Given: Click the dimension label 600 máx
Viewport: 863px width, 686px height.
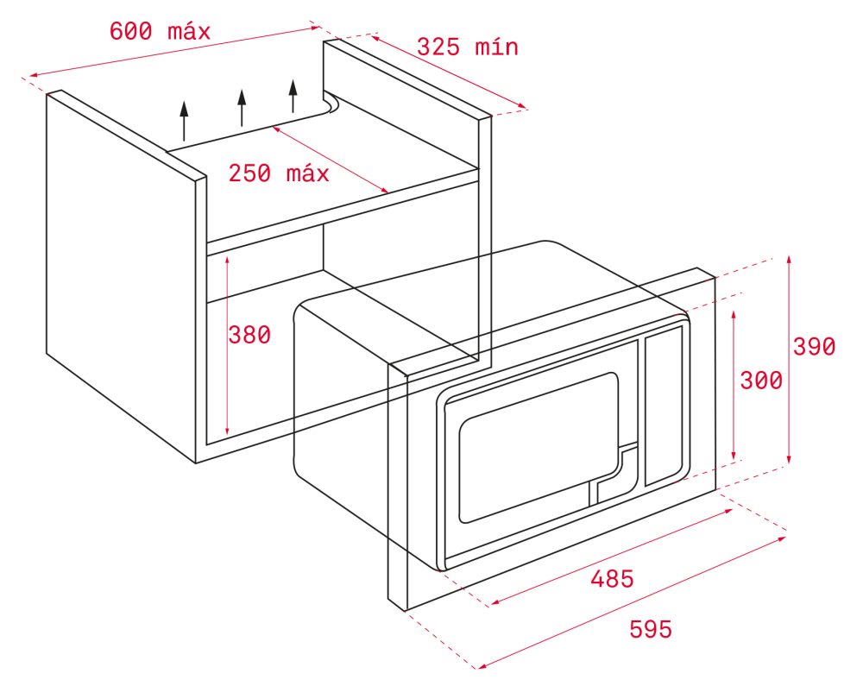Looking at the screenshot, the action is (160, 31).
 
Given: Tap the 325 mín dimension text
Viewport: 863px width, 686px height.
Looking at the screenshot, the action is (467, 47).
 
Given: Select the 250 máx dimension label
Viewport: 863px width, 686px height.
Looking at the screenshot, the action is (279, 173).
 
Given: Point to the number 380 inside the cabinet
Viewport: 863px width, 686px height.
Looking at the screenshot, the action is (249, 335).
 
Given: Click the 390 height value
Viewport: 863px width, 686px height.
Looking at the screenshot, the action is (814, 347).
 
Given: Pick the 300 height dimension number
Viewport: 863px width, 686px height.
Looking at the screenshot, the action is (761, 381).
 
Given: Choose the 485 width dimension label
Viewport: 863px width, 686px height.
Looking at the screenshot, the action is (612, 578).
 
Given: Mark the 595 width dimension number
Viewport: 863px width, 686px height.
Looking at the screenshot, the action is (651, 629).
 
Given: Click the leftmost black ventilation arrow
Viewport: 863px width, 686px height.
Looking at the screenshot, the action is (184, 121).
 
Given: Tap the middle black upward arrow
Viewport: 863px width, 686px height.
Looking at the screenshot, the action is (241, 107).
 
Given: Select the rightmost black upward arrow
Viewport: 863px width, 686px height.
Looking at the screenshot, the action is (293, 96).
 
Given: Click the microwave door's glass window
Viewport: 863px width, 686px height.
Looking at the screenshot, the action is (539, 447).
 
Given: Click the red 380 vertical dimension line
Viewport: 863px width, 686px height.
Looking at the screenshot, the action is (227, 346).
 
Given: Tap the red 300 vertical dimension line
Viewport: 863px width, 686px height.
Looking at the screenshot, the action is (734, 385).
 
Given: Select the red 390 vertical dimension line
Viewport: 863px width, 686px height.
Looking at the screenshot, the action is (790, 360).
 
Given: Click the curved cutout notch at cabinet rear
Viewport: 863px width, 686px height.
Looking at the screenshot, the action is (332, 104).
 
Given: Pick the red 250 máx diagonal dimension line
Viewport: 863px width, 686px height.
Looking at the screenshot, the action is (331, 160).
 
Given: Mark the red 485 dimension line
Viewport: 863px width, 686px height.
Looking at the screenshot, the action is (611, 557).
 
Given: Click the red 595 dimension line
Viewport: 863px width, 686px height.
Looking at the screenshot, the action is (632, 603).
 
